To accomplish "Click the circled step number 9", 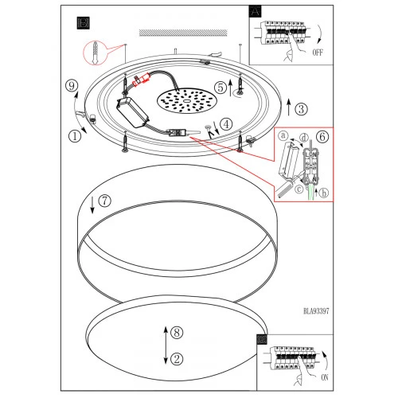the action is click(72, 86).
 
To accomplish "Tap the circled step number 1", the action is click(75, 136).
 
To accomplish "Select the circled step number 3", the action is click(301, 109).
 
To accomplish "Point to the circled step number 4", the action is click(226, 124).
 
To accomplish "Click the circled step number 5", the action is click(220, 88).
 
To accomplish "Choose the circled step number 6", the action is click(322, 137).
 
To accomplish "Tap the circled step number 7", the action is click(105, 201).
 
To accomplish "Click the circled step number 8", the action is click(177, 332).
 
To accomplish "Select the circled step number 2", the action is click(177, 359).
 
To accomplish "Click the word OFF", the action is click(318, 53).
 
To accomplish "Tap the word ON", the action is click(325, 377).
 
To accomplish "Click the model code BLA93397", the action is click(316, 311).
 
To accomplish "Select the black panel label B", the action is click(83, 23).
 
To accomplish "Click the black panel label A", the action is click(256, 11).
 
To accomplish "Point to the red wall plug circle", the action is click(95, 53).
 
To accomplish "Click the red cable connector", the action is click(142, 80).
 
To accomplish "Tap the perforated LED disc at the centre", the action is click(187, 101).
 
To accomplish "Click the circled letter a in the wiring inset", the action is click(283, 135).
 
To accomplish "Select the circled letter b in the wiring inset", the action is click(323, 193).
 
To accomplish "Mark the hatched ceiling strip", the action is click(183, 33).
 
